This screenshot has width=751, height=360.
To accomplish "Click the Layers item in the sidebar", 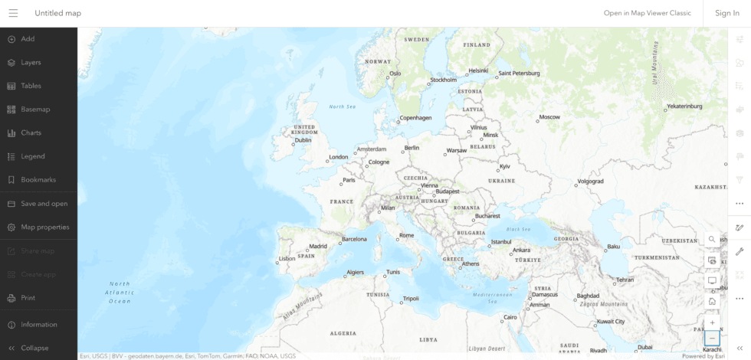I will point(31,62).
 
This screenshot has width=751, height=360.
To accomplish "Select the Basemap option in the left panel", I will point(35,110).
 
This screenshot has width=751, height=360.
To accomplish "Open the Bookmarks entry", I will point(38,180).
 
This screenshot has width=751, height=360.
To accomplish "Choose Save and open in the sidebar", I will point(44,204).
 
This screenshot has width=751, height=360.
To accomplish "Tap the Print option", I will point(28,298).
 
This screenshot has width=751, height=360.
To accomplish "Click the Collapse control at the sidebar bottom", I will point(34,348).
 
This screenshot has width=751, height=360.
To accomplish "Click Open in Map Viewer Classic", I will point(647,13).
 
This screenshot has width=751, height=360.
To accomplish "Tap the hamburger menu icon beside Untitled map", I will point(13,13).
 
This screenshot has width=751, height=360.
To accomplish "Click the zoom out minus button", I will point(712,338).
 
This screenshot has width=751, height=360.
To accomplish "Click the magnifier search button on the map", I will point(712,240).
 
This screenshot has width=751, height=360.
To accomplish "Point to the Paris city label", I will point(349,181).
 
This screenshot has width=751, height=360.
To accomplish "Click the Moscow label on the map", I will point(549,117).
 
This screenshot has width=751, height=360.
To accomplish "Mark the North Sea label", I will point(342,106).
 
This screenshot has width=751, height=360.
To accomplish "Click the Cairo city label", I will point(510,316).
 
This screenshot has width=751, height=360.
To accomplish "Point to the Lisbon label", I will point(287,259).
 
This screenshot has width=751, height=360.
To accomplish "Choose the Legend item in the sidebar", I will point(33,156).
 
